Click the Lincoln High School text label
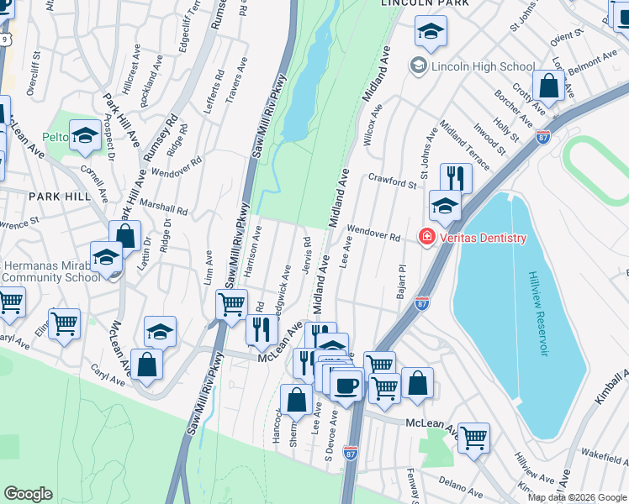point(483,66)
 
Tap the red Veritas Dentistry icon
point(427,238)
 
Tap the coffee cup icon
point(345,386)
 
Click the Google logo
point(28,494)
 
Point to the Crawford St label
point(392,181)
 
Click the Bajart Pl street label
point(401,281)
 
